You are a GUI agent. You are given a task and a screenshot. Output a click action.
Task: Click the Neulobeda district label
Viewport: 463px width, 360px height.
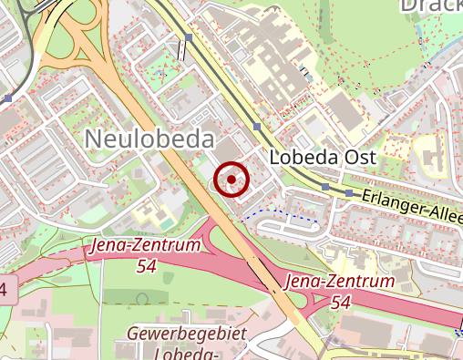pyautogui.click(x=149, y=139)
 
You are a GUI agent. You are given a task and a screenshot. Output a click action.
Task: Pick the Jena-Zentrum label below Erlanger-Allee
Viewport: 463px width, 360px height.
pyautogui.click(x=341, y=282)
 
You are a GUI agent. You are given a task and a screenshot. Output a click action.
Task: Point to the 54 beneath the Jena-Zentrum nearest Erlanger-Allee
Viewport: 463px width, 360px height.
pyautogui.click(x=342, y=302)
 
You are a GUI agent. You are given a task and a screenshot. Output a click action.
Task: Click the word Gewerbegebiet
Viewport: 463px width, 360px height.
pyautogui.click(x=188, y=334)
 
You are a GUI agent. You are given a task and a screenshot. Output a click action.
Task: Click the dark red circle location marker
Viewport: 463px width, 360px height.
pyautogui.click(x=231, y=180)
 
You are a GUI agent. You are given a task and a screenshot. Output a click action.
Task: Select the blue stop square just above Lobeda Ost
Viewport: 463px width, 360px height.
pyautogui.click(x=257, y=127)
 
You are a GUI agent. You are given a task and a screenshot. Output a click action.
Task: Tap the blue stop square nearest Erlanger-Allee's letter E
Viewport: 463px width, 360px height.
pyautogui.click(x=348, y=193)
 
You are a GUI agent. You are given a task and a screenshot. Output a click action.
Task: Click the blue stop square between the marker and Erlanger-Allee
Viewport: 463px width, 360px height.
pyautogui.click(x=326, y=187)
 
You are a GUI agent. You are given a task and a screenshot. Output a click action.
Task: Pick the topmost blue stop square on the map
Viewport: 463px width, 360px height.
pyautogui.click(x=189, y=37)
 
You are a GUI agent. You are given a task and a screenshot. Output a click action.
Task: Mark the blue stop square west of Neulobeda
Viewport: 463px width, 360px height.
pyautogui.click(x=7, y=98)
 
